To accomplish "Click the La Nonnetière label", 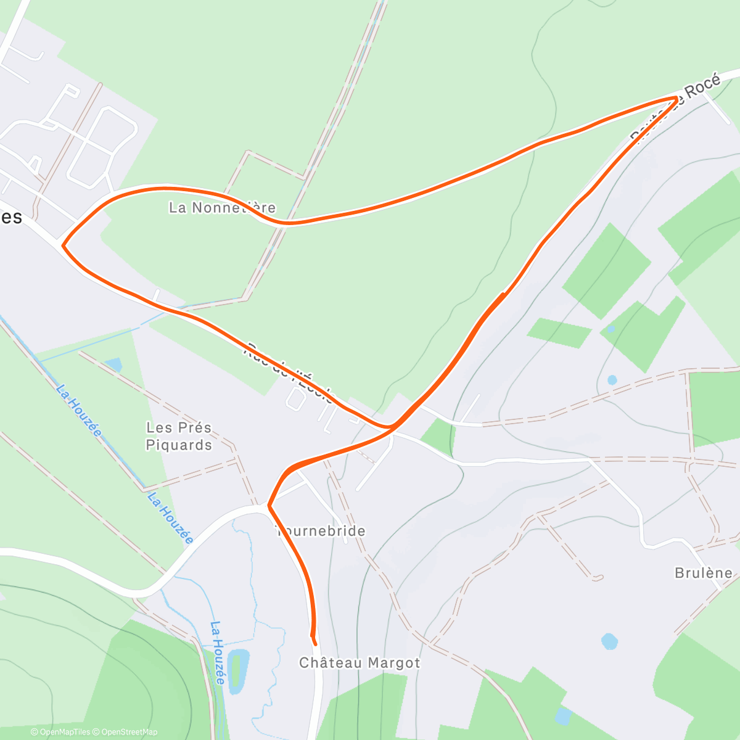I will [222, 208].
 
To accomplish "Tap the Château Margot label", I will [360, 663].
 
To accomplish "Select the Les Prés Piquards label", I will [179, 436].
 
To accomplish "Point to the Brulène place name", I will [704, 573].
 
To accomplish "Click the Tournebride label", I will [322, 531].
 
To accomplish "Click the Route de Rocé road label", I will [675, 109].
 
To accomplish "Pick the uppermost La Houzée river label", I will [78, 410].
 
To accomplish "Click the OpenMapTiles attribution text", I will [60, 732].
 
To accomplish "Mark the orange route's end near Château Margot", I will [314, 643].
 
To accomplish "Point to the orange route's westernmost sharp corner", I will [63, 245].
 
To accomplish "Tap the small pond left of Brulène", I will [609, 641].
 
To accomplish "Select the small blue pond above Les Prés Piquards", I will [113, 364].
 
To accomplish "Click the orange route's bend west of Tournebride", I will [269, 506].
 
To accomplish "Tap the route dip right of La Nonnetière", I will [285, 223].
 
